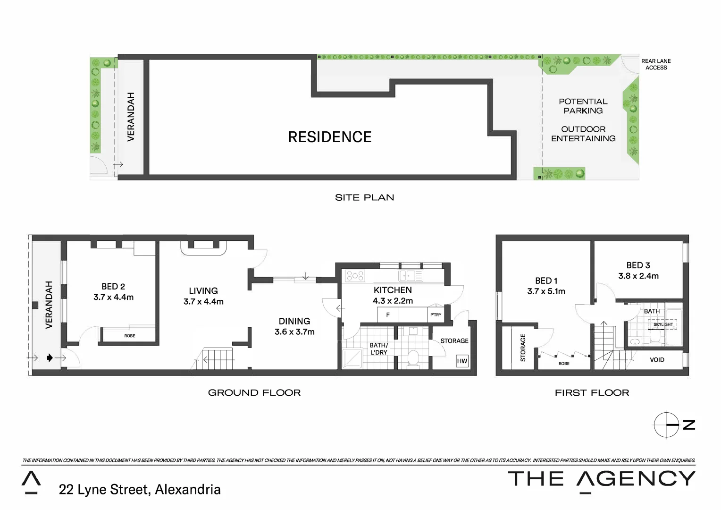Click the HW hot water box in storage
tap(462, 361)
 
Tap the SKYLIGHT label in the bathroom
tap(663, 324)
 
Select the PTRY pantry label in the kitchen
tap(436, 314)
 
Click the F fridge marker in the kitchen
tap(388, 314)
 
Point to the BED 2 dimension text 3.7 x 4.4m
tap(113, 297)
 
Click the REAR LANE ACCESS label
tap(656, 64)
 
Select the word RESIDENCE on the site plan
tap(330, 137)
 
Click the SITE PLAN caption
tap(364, 197)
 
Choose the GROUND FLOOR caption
tap(254, 392)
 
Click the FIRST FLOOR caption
tap(592, 392)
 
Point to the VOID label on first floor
tap(657, 360)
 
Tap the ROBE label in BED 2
tap(130, 336)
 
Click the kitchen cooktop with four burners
tap(355, 276)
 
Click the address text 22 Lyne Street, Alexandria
tap(140, 490)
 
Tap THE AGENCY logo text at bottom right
tap(601, 479)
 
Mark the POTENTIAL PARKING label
tap(583, 106)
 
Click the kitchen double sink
tap(411, 276)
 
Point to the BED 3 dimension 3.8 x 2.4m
tap(638, 276)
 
